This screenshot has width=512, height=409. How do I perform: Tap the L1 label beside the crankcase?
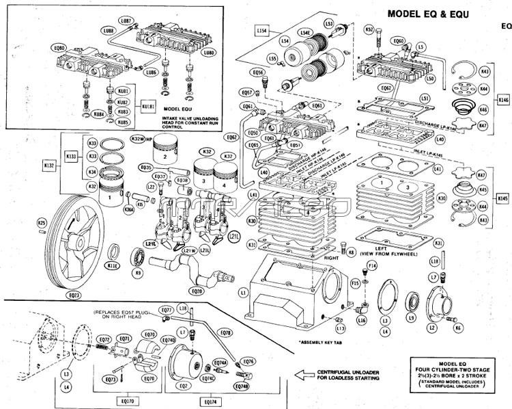point(243,293)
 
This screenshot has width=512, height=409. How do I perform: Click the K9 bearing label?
point(138,273)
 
